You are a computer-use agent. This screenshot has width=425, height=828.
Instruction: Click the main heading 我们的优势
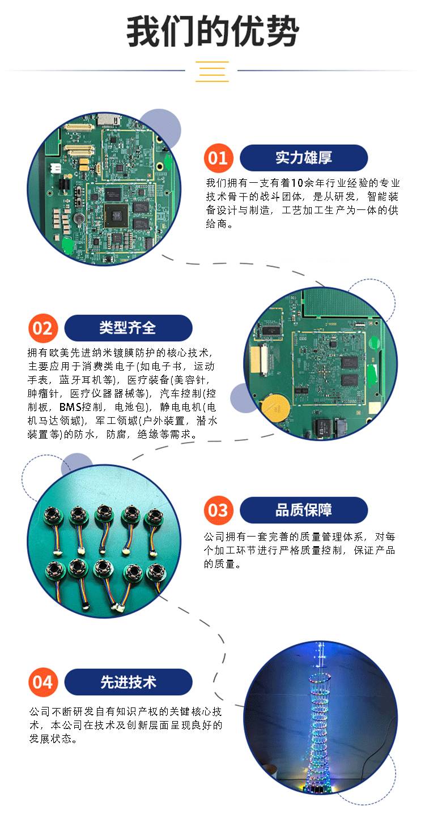coord(212,32)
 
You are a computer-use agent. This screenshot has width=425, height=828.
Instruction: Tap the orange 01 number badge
coord(218,158)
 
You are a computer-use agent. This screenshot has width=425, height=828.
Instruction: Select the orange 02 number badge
coord(43,328)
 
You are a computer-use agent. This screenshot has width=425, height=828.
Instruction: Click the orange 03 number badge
coord(218,510)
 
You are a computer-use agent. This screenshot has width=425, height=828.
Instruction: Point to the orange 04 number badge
coord(43,683)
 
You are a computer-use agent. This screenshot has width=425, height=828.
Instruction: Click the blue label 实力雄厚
coord(304,158)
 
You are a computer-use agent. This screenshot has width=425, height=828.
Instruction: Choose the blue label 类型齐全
coord(128,328)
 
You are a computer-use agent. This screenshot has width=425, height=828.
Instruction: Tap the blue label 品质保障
coord(304,510)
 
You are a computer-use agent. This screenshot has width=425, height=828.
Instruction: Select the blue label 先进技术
coord(128,682)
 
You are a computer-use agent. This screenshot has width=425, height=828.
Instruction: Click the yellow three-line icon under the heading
coord(212,71)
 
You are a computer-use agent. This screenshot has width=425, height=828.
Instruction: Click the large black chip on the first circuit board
coord(116,215)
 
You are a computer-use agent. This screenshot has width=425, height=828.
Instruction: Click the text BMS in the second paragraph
coord(70,407)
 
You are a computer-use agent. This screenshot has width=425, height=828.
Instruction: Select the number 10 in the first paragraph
coord(297,183)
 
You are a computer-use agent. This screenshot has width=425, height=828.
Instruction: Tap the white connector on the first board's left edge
coord(56,169)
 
